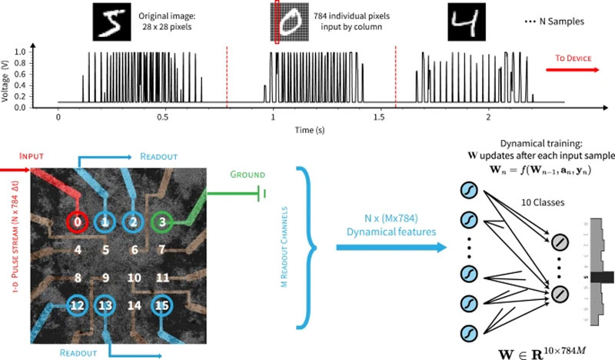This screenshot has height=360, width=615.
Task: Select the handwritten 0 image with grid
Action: click(289, 21)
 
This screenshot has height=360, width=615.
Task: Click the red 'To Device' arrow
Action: click(573, 68)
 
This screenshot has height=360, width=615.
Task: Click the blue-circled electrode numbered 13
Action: click(105, 307)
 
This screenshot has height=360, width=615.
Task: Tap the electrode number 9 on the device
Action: click(105, 278)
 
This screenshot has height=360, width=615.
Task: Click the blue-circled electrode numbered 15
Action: click(160, 307)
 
